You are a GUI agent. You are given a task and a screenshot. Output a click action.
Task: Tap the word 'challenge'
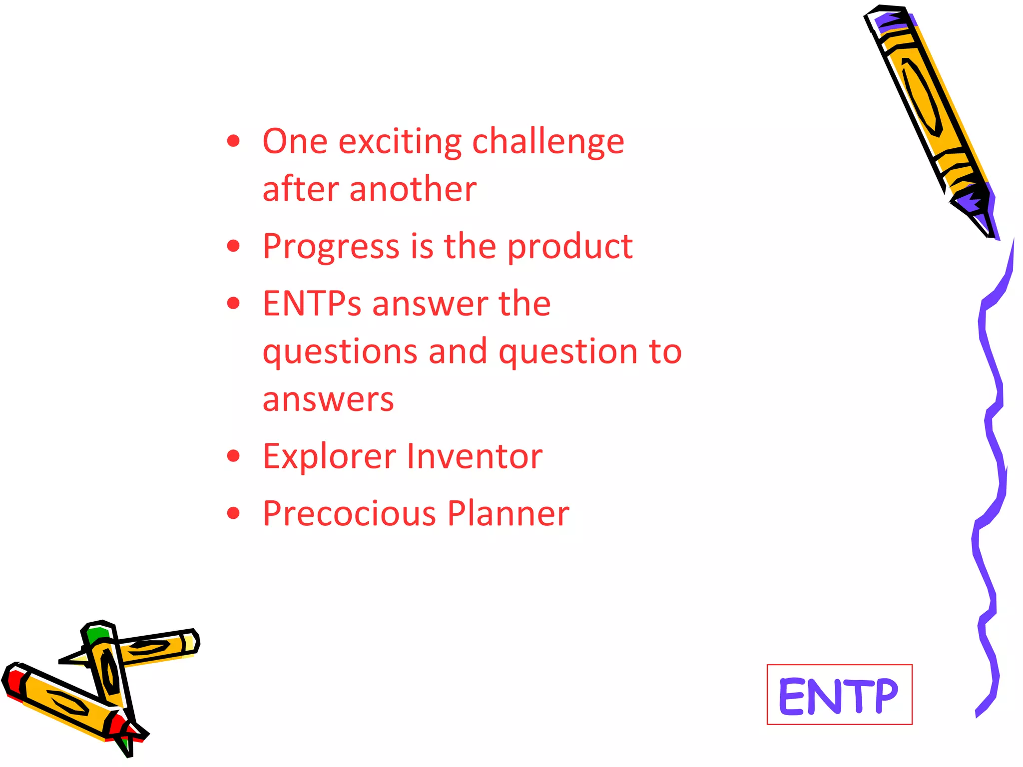click(x=548, y=142)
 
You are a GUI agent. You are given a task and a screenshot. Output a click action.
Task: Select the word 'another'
click(x=413, y=190)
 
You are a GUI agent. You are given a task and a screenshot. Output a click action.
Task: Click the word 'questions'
click(x=340, y=352)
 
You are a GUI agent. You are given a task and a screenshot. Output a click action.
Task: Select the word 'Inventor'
click(x=475, y=456)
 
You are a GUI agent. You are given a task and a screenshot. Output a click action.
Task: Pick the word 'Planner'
click(x=508, y=514)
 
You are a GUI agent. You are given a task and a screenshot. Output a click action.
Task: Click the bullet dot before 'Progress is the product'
click(x=233, y=246)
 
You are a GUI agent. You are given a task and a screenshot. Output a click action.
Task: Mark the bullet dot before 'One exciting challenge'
click(x=233, y=141)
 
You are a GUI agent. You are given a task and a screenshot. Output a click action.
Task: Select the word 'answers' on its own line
click(x=328, y=400)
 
